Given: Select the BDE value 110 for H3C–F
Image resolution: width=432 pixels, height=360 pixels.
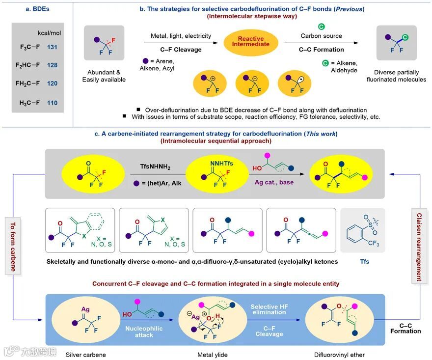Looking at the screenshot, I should [x=53, y=103].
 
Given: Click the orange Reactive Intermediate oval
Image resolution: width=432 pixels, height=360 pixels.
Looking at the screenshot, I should [x=250, y=41].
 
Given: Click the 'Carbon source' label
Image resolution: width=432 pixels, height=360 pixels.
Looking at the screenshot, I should [x=322, y=35].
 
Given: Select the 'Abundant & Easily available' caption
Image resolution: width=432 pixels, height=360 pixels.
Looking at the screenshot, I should [x=104, y=76].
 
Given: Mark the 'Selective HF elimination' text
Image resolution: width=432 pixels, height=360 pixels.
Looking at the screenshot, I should [x=269, y=309].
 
